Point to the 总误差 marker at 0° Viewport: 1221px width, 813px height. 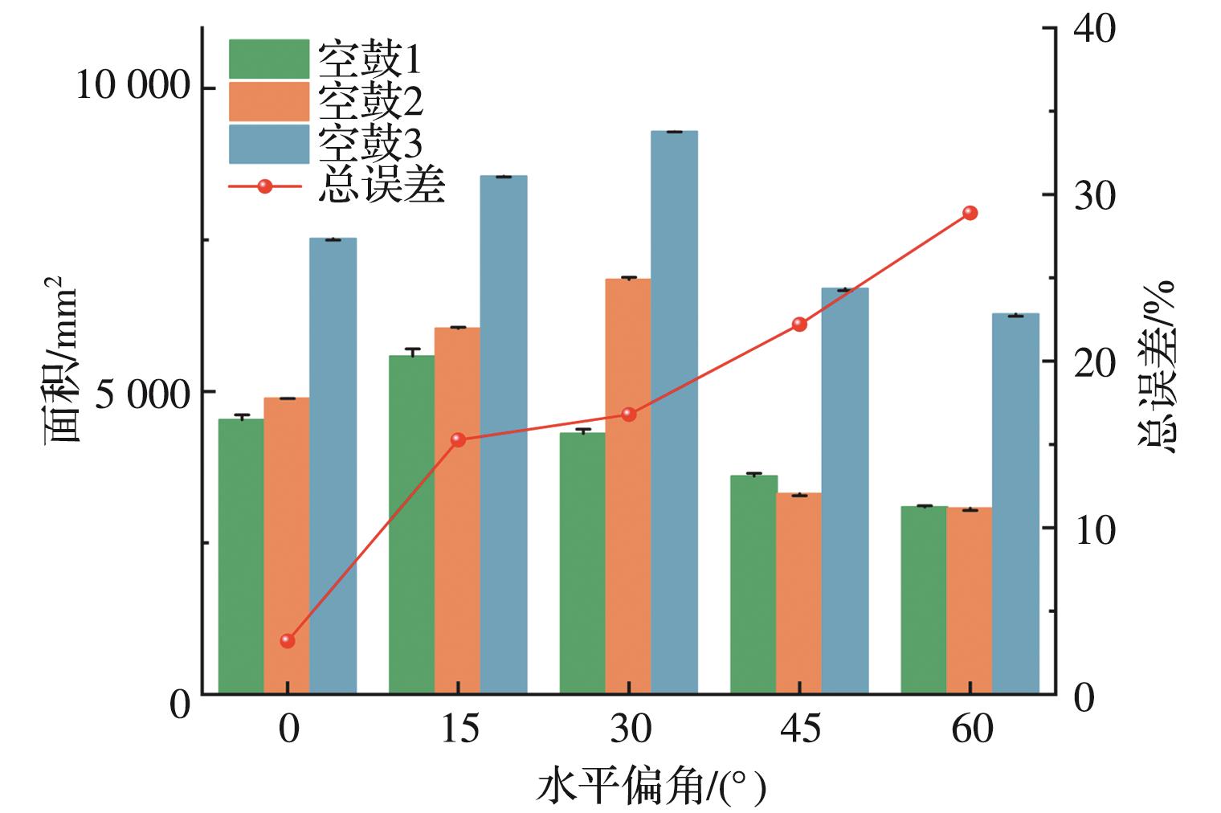[288, 640]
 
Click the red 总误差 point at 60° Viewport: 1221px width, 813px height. [970, 213]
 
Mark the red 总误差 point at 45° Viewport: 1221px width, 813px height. [799, 324]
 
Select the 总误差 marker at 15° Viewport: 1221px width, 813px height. [458, 439]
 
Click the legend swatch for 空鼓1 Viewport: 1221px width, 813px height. [268, 59]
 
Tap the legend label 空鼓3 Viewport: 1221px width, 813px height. [370, 144]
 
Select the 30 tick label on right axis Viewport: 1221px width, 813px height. [1094, 195]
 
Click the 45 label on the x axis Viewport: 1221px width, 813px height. [800, 729]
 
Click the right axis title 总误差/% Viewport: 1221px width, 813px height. [1157, 366]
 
